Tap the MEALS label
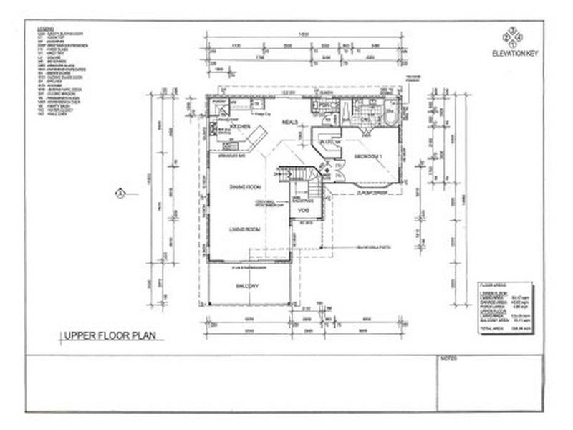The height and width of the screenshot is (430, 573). pyautogui.click(x=289, y=122)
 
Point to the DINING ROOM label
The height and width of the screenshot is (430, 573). pyautogui.click(x=244, y=188)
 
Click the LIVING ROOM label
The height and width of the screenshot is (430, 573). pyautogui.click(x=244, y=229)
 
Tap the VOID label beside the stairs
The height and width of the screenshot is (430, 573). pyautogui.click(x=303, y=211)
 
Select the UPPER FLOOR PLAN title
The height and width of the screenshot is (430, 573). pyautogui.click(x=111, y=335)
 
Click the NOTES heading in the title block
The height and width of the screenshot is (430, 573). pyautogui.click(x=450, y=356)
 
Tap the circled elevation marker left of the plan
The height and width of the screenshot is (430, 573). pyautogui.click(x=121, y=191)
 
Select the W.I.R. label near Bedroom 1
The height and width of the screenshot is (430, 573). pyautogui.click(x=327, y=143)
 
